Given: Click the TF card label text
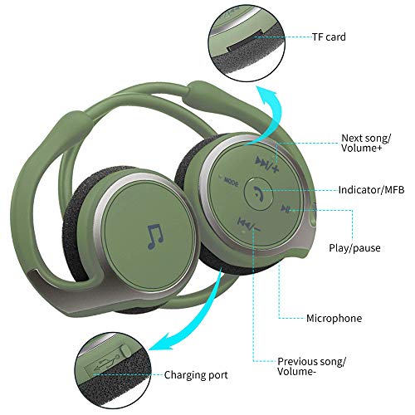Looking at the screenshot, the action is (329, 37).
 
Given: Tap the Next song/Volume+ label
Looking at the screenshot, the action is (366, 143).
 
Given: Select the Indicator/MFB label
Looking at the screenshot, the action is (372, 190).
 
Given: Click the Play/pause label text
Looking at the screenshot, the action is (354, 248).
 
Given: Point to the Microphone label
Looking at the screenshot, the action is (334, 318).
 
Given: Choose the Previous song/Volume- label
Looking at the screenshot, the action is (311, 366).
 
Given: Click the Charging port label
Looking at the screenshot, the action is (196, 375).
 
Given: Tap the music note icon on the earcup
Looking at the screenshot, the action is (156, 237).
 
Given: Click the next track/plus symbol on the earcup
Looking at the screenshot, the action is (267, 164).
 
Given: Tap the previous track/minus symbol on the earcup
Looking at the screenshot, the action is (249, 225).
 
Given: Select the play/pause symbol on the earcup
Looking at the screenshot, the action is (286, 208).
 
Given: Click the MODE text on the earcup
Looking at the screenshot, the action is (231, 182).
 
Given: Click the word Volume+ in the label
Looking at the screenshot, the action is (361, 148).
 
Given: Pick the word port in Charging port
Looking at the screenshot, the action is (216, 376).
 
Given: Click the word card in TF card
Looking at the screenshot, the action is (335, 37).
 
